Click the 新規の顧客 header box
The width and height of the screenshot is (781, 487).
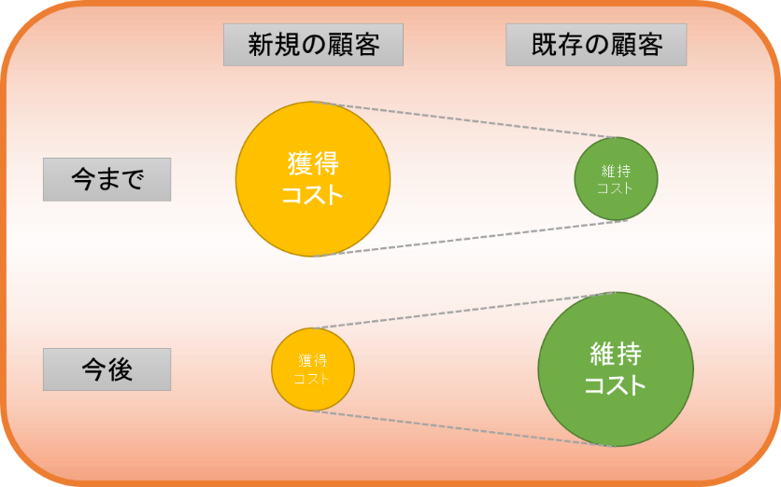pyautogui.click(x=313, y=45)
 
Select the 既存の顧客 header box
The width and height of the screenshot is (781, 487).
pyautogui.click(x=596, y=45)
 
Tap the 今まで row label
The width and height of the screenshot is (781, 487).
pyautogui.click(x=107, y=179)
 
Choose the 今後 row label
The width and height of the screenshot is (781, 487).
pyautogui.click(x=107, y=369)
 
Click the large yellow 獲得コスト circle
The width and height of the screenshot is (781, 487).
pyautogui.click(x=313, y=179)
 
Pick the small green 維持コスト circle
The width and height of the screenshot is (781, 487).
pyautogui.click(x=617, y=179)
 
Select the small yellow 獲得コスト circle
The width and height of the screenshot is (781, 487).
pyautogui.click(x=313, y=369)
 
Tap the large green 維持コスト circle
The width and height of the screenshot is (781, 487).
pyautogui.click(x=616, y=369)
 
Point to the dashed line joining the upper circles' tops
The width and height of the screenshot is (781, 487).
pyautogui.click(x=464, y=120)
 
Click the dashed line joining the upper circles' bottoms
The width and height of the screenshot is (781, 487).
pyautogui.click(x=470, y=238)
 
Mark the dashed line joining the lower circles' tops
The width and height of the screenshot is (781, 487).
pyautogui.click(x=464, y=311)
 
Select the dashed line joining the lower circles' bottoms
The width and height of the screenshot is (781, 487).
pyautogui.click(x=464, y=429)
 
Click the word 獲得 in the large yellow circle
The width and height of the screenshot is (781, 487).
pyautogui.click(x=313, y=163)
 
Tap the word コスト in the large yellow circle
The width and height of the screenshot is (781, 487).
pyautogui.click(x=313, y=194)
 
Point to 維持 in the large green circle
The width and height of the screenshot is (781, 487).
pyautogui.click(x=617, y=354)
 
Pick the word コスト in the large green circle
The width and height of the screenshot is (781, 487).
pyautogui.click(x=615, y=385)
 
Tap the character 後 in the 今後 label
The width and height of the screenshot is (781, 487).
pyautogui.click(x=121, y=369)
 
